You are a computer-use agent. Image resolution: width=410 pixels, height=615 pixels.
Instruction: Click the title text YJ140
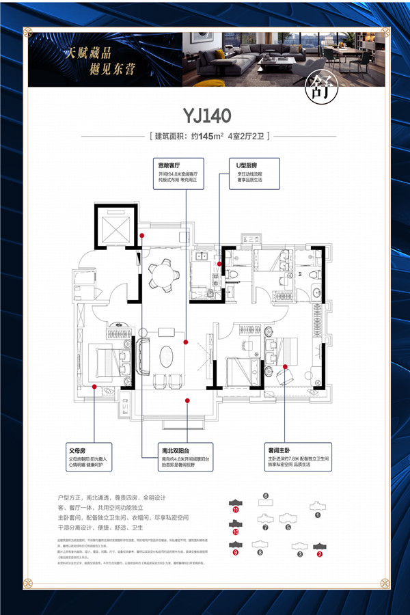click(x=206, y=114)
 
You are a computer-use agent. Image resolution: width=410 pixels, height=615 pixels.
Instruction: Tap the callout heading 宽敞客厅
click(x=169, y=165)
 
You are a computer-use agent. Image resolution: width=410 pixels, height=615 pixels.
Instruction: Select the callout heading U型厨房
click(x=247, y=165)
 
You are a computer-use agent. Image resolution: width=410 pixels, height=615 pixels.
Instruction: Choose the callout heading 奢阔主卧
click(x=301, y=452)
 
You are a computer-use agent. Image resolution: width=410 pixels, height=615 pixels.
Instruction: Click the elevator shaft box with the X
click(x=112, y=227)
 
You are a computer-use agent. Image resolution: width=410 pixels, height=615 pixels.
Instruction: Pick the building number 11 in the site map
click(x=236, y=509)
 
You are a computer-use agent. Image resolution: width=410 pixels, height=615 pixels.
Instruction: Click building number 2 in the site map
click(x=318, y=553)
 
